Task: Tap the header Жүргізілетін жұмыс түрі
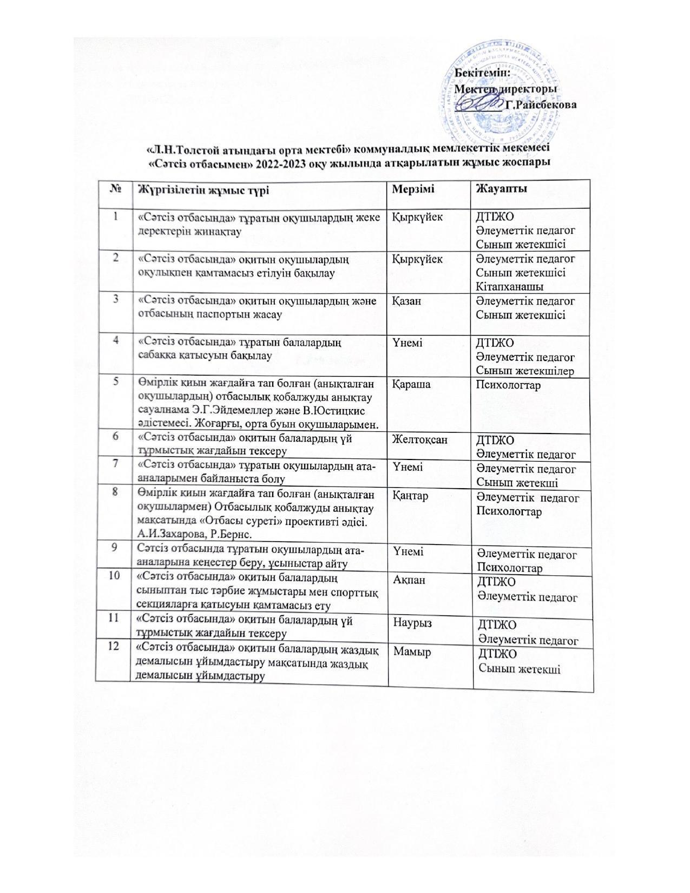[204, 189]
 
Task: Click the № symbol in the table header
[115, 189]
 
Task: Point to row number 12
[114, 648]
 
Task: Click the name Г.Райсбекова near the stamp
[540, 104]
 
